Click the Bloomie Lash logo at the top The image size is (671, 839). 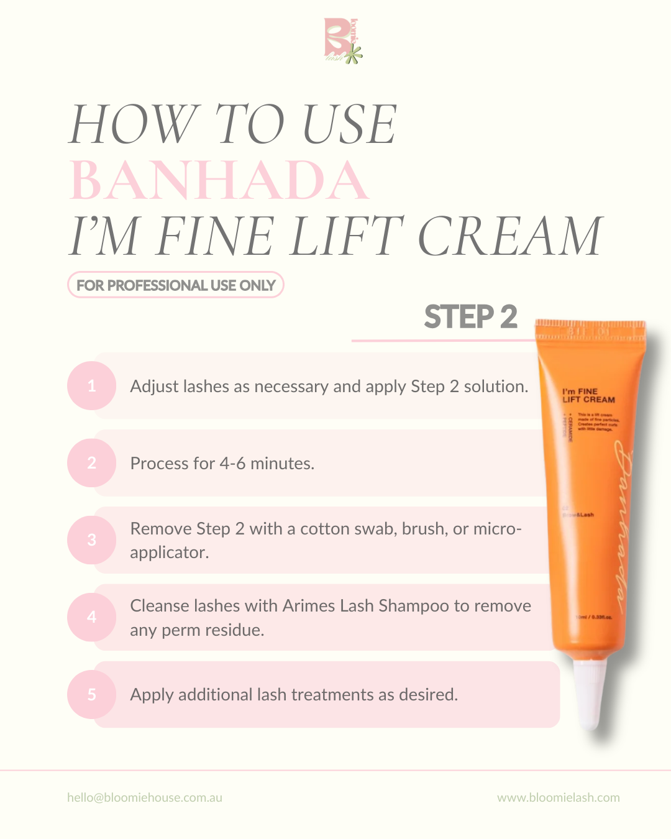tap(342, 41)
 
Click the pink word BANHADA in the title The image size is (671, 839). tap(219, 180)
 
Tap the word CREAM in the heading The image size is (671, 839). tap(509, 236)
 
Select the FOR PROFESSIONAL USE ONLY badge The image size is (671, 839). tap(176, 285)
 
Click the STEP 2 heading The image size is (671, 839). tap(470, 317)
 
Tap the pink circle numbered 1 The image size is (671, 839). tap(92, 386)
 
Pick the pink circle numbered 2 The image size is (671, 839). tap(92, 463)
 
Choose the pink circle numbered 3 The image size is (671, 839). tap(92, 540)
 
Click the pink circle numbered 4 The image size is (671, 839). tap(92, 617)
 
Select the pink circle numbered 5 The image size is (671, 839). tap(92, 694)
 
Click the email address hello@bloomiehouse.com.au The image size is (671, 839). tap(145, 797)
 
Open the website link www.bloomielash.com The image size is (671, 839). tap(558, 797)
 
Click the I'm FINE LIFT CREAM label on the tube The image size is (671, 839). tap(588, 396)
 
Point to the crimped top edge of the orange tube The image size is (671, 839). tap(590, 329)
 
